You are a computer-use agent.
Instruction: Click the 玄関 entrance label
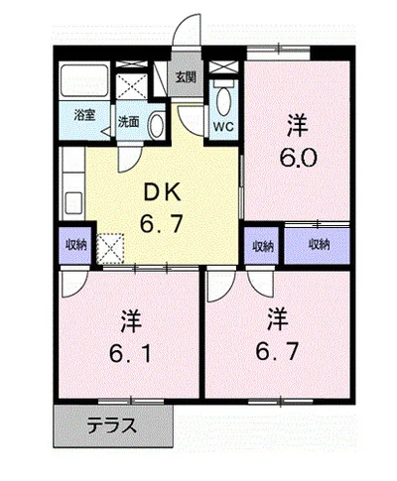coord(185,76)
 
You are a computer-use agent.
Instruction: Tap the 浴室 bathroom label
coord(83,114)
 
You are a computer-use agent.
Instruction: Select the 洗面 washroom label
coord(128,123)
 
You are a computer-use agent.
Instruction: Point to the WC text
coord(222,126)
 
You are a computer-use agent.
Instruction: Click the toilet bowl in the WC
coord(222,99)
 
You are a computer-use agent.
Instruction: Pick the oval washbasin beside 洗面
coord(156,123)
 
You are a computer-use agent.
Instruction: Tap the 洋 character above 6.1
coord(130,320)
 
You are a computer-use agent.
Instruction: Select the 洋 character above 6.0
coord(296,125)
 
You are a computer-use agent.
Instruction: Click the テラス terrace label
coord(111,427)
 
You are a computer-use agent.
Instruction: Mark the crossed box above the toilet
coord(225,70)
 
